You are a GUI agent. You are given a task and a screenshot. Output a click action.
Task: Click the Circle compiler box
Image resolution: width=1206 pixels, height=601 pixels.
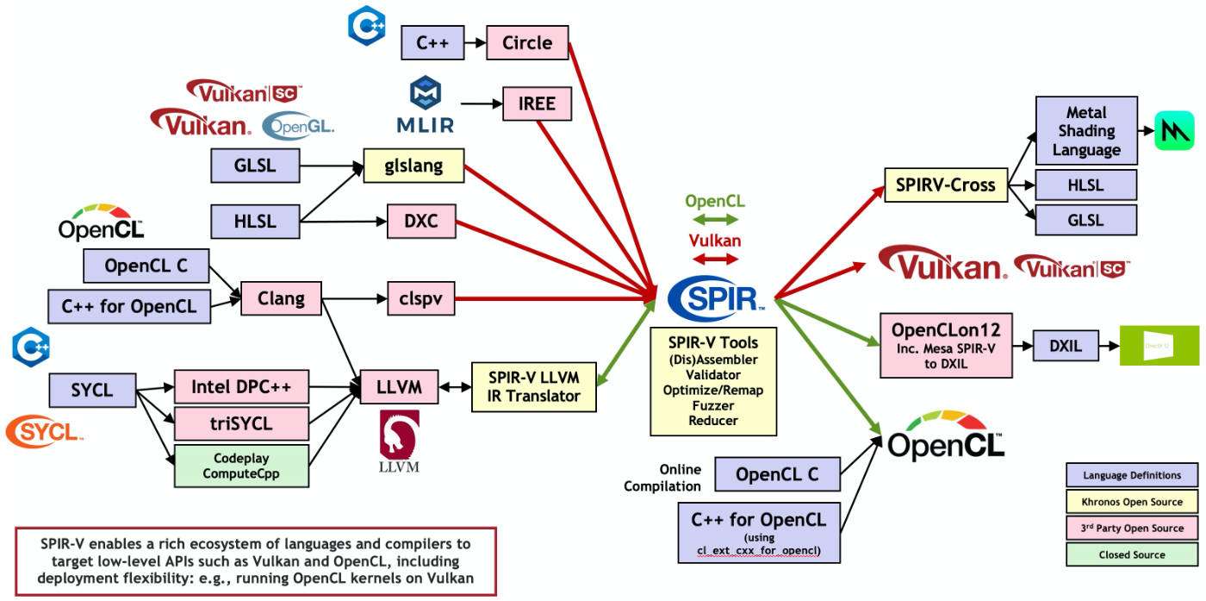526,43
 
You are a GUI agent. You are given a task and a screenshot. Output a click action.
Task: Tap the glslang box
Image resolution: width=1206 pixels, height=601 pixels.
414,166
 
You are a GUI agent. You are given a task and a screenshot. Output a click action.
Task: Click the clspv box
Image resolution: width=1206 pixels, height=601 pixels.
420,299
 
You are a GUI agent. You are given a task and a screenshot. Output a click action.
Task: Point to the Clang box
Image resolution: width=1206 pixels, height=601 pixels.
281,299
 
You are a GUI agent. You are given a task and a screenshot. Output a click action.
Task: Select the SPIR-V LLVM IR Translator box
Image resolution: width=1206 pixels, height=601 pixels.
534,386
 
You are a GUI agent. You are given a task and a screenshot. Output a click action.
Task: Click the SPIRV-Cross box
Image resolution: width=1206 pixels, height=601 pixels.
945,185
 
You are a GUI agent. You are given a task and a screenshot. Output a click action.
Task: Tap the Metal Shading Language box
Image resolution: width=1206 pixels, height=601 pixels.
1085,131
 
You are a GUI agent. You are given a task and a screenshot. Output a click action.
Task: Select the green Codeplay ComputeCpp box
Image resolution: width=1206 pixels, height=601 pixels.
241,466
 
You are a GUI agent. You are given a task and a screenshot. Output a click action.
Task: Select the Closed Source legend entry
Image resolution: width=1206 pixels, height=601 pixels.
1131,554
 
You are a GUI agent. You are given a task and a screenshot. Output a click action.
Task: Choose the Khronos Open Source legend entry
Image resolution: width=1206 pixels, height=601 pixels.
1131,501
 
